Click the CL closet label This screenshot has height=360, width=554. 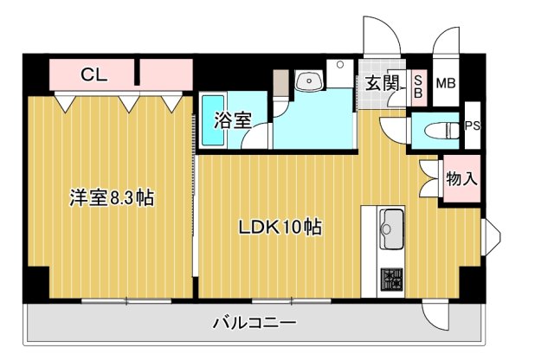click(93, 74)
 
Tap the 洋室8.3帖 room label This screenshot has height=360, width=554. click(112, 198)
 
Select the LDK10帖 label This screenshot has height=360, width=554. click(280, 228)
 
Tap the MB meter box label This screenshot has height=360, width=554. click(446, 84)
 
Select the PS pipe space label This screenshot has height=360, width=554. click(473, 125)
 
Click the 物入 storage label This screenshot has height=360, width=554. click(461, 180)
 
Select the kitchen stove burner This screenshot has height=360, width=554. click(392, 280)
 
